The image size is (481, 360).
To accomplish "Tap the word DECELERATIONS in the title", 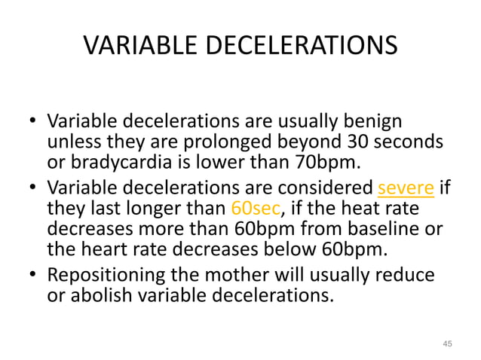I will (302, 46).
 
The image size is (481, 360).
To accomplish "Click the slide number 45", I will (447, 344).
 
